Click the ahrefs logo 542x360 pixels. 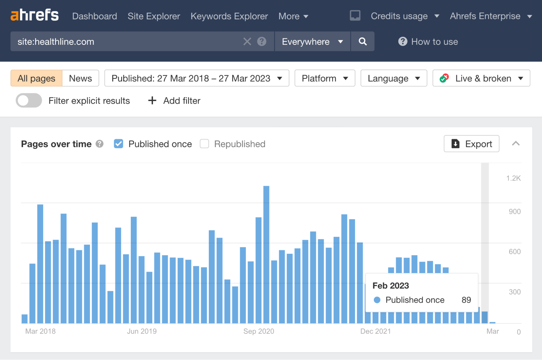pos(34,15)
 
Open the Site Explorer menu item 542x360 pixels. pos(154,16)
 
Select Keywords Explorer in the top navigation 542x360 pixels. pos(229,16)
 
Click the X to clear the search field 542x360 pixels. pos(247,41)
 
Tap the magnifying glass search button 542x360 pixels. pos(363,41)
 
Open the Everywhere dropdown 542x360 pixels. pos(312,41)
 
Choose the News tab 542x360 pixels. pos(80,78)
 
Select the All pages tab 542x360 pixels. pos(36,78)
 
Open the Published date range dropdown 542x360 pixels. pos(197,78)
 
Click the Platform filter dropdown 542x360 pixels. pos(325,78)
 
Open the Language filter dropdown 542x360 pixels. pos(393,78)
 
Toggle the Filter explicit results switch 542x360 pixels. pos(29,101)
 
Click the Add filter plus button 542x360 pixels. pos(152,101)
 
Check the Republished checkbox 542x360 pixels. pos(204,144)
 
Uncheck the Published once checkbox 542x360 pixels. pos(118,144)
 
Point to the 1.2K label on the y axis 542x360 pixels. pos(513,178)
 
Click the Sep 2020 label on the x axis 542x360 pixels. pos(259,331)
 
